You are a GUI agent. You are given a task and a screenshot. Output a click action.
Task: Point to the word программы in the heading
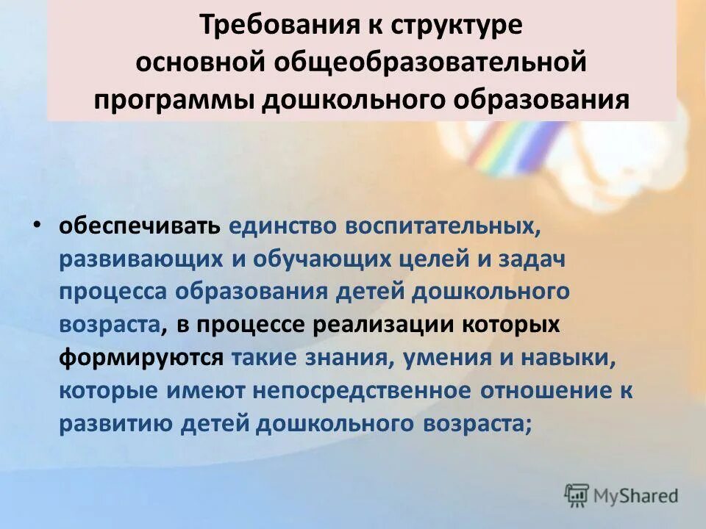pyautogui.click(x=175, y=98)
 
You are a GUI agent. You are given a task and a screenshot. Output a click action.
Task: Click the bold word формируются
pyautogui.click(x=141, y=357)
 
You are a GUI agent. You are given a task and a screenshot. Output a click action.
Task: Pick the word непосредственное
pyautogui.click(x=361, y=390)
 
